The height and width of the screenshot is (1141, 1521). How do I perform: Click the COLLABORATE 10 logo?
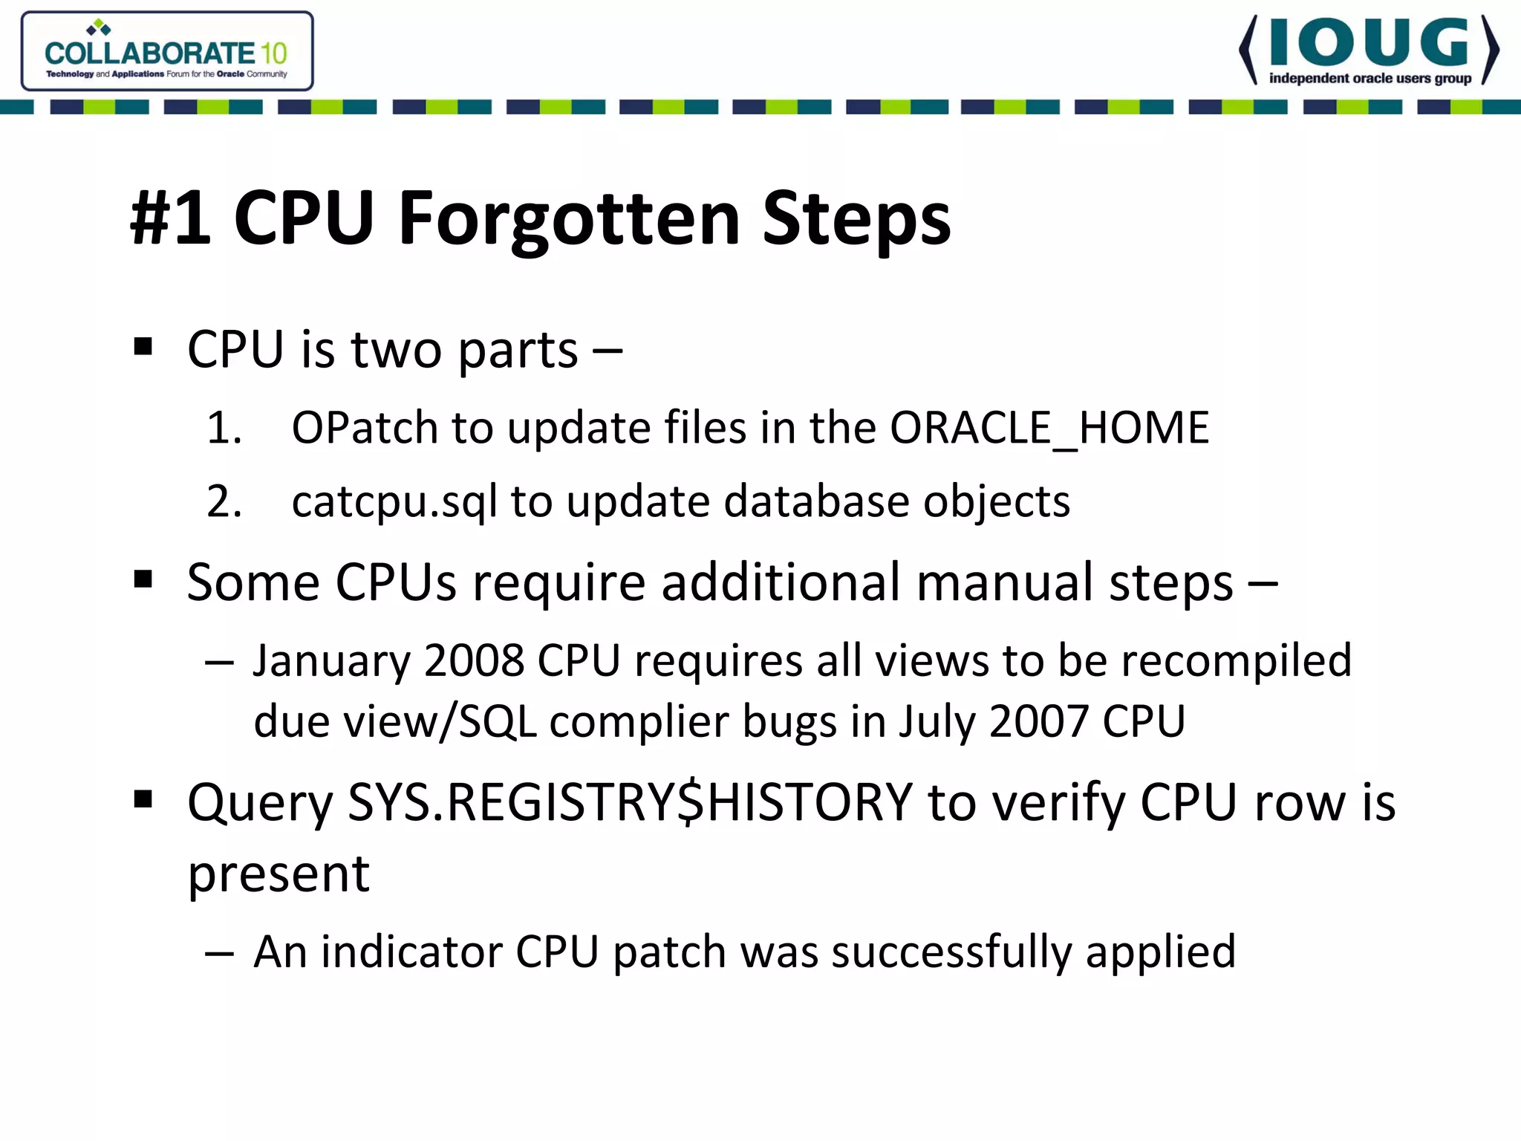tap(166, 52)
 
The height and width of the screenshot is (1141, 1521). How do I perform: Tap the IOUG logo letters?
tap(1369, 43)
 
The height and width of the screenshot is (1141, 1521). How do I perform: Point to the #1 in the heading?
tap(170, 218)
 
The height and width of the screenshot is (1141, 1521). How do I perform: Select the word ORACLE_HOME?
tap(1049, 428)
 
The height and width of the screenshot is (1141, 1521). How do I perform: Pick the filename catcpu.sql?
tap(394, 502)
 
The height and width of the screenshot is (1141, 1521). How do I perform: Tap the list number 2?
tap(224, 502)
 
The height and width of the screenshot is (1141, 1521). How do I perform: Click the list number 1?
tap(224, 429)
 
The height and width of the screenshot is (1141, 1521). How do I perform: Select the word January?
tap(330, 661)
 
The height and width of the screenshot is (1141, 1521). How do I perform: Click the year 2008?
tap(474, 660)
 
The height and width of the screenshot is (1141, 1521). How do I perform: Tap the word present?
tap(278, 874)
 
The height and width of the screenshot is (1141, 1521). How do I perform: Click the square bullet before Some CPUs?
tap(143, 579)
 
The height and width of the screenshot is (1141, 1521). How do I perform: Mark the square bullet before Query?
tap(143, 800)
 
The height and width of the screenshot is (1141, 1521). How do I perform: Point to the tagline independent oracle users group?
tap(1369, 79)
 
